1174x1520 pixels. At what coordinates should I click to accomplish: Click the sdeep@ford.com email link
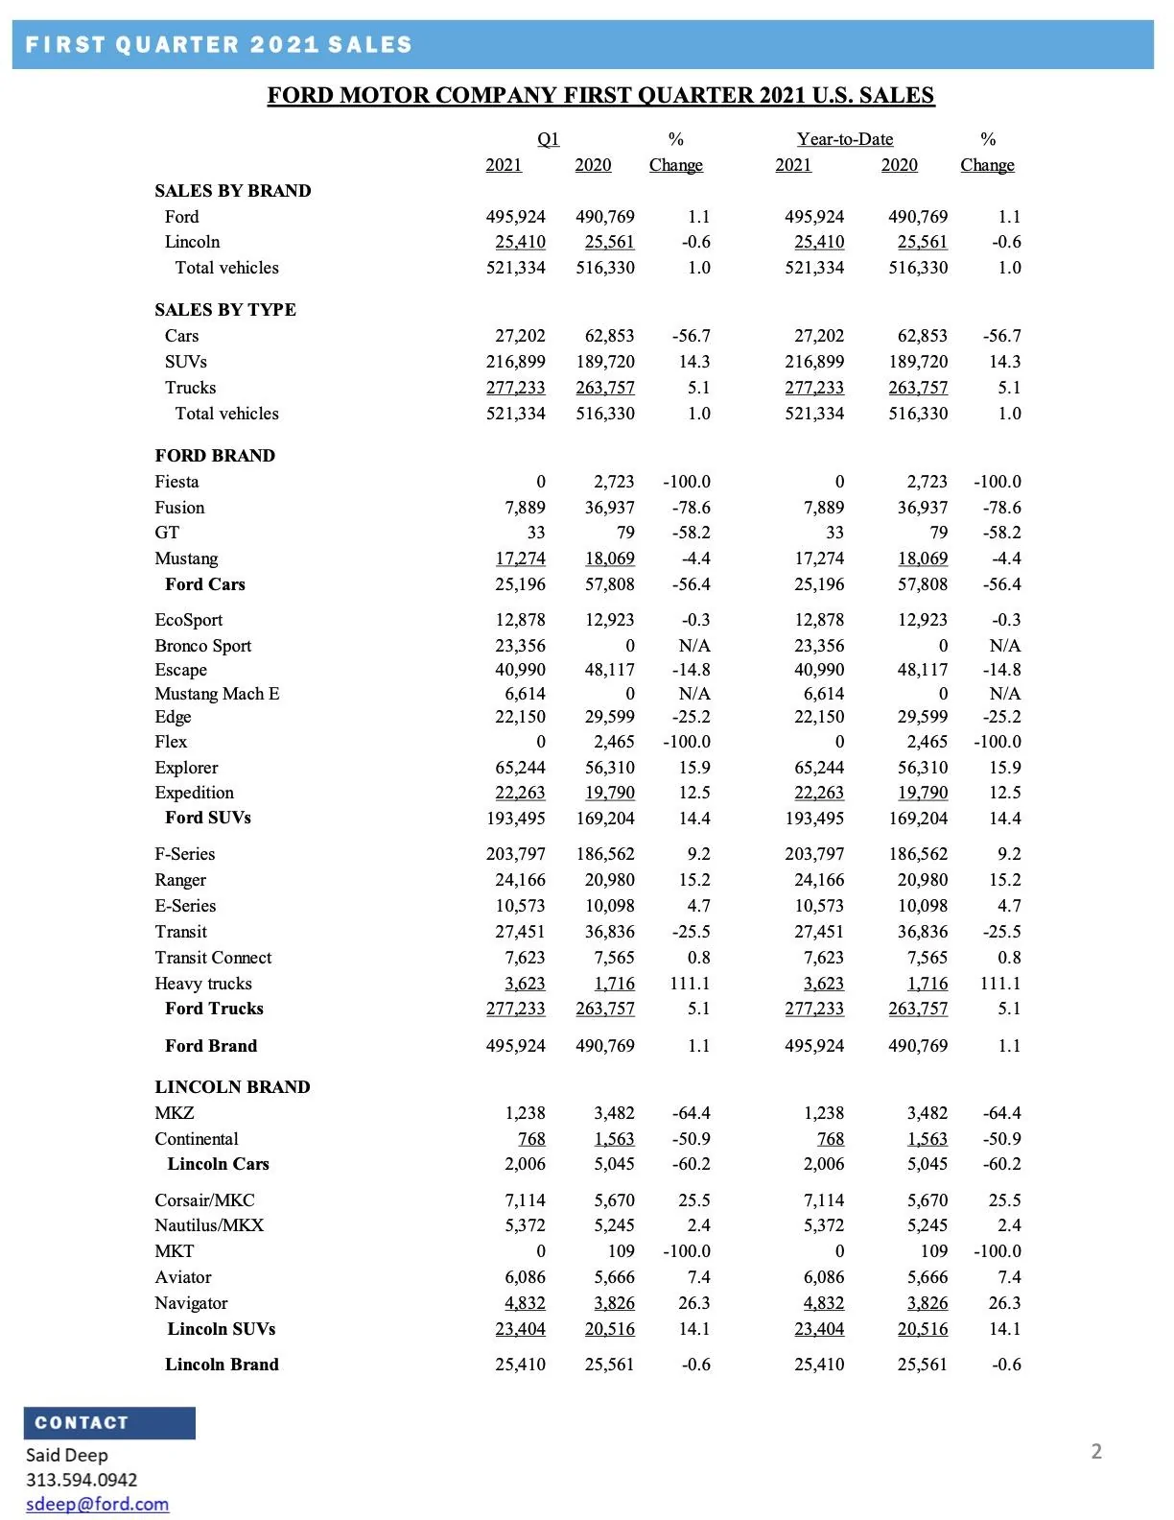pyautogui.click(x=97, y=1504)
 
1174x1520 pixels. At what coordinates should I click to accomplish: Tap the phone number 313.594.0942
pyautogui.click(x=82, y=1480)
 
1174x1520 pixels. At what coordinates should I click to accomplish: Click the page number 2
pyautogui.click(x=1096, y=1451)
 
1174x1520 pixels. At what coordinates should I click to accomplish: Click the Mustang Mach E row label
pyautogui.click(x=217, y=694)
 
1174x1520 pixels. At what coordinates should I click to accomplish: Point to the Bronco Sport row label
pyautogui.click(x=202, y=646)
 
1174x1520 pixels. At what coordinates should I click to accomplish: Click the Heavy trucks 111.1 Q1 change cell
pyautogui.click(x=690, y=984)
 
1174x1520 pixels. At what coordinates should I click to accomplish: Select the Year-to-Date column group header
pyautogui.click(x=845, y=139)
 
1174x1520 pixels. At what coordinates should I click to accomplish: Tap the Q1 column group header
pyautogui.click(x=548, y=139)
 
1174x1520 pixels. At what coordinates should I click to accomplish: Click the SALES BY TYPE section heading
pyautogui.click(x=225, y=310)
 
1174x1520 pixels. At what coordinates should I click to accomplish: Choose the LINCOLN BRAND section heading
pyautogui.click(x=232, y=1087)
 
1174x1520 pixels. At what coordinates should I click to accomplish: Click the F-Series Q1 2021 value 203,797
pyautogui.click(x=515, y=854)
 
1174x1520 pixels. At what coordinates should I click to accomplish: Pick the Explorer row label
pyautogui.click(x=186, y=768)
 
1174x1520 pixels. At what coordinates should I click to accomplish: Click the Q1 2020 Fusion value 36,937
pyautogui.click(x=609, y=508)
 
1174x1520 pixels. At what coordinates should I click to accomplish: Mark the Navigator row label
pyautogui.click(x=191, y=1303)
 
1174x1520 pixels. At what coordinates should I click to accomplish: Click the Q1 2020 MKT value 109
pyautogui.click(x=621, y=1251)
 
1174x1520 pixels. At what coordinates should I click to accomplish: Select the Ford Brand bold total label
pyautogui.click(x=211, y=1046)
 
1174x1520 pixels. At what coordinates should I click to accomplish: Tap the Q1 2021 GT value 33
pyautogui.click(x=535, y=533)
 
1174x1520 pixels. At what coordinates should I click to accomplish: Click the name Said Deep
pyautogui.click(x=67, y=1455)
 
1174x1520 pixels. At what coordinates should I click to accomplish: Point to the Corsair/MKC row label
pyautogui.click(x=204, y=1200)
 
